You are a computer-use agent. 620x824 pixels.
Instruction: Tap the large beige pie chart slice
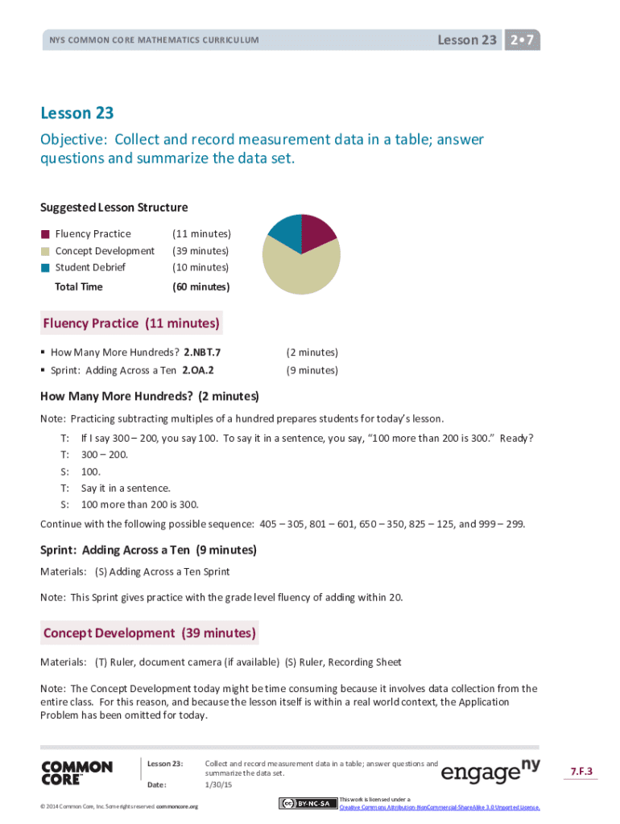point(301,270)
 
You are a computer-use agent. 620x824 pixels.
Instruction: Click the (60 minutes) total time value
point(201,286)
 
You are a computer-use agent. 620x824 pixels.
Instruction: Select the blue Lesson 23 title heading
point(77,113)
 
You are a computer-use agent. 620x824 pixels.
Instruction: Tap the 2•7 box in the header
point(522,39)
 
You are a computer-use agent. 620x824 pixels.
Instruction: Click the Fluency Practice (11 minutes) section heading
point(131,323)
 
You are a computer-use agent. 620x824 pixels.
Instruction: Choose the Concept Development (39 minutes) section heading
point(149,633)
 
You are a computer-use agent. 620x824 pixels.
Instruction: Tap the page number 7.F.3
point(581,772)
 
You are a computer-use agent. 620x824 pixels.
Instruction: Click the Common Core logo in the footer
point(76,772)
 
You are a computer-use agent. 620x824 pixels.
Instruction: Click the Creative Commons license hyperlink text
point(439,806)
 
